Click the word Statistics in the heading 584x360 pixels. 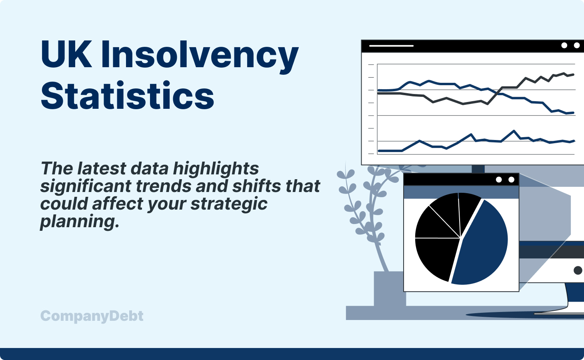127,96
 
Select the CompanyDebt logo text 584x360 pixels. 92,316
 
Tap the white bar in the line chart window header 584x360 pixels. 391,46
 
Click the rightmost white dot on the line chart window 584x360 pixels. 576,45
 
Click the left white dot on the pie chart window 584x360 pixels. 499,180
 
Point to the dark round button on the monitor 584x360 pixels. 578,270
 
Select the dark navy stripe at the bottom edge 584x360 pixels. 292,354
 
